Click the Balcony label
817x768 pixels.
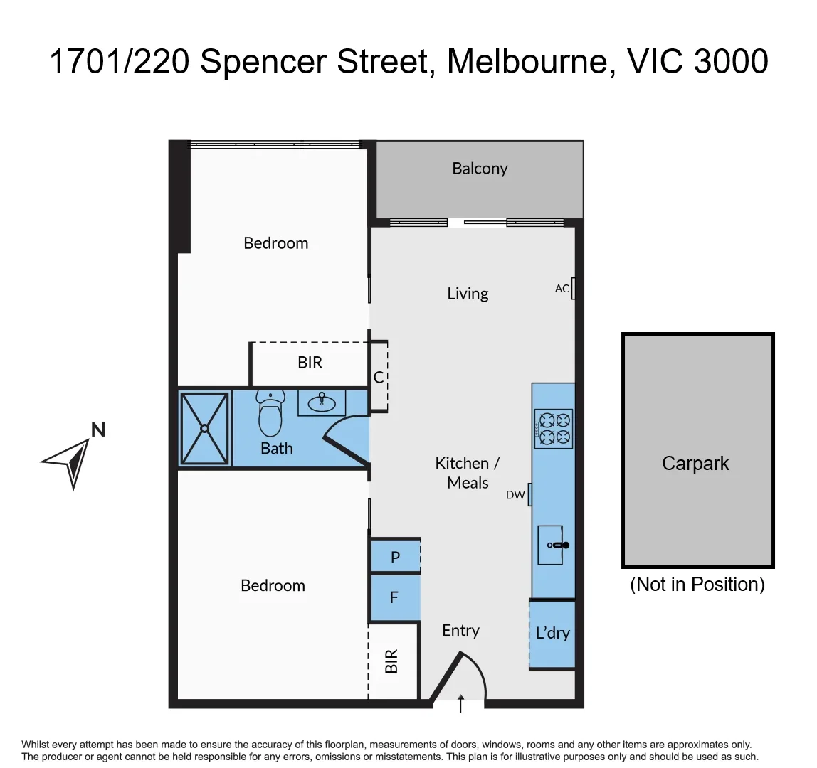pos(480,169)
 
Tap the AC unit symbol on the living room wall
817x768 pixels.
pos(573,288)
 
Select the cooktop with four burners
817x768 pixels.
pos(553,428)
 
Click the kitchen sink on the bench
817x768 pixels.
pos(552,545)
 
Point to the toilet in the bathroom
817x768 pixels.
pos(270,415)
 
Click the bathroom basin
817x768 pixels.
pos(322,402)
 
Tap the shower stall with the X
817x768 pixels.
pos(205,428)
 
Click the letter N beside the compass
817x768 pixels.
pos(98,430)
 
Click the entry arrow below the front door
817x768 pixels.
pos(461,703)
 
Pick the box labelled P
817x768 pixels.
pos(395,558)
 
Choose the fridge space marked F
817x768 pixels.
pos(394,598)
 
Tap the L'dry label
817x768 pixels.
pos(552,633)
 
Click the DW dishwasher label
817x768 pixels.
pos(515,495)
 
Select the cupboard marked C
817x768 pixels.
pos(379,377)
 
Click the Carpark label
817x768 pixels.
pos(695,464)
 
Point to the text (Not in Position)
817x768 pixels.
pos(697,585)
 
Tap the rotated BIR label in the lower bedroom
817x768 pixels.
pos(391,661)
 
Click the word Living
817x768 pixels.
pos(468,294)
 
